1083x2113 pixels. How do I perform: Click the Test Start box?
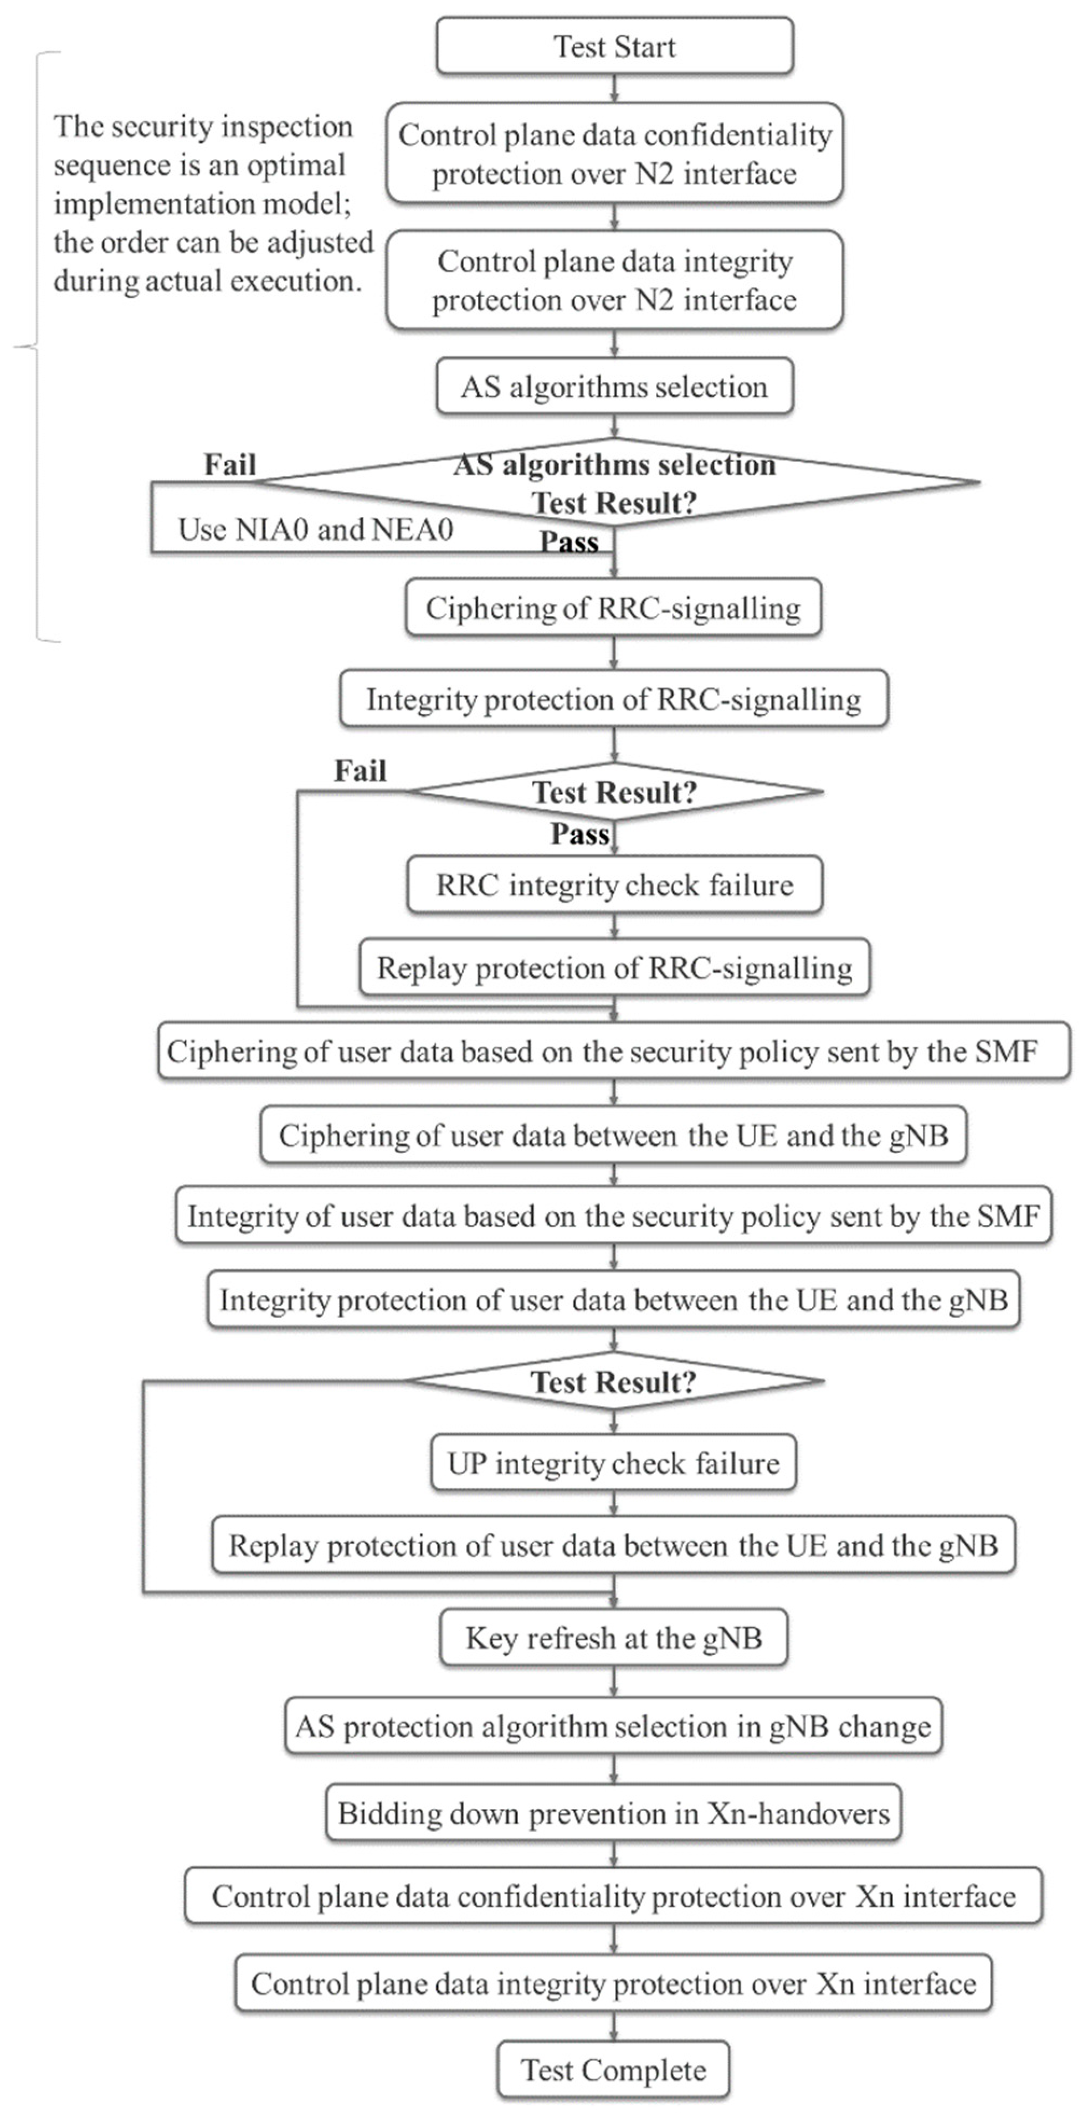[614, 47]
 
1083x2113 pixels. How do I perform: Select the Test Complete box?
[613, 2070]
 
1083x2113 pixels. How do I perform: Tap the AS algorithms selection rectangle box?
[614, 386]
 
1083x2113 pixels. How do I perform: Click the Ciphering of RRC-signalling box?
[613, 608]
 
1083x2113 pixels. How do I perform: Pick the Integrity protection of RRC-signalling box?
[614, 699]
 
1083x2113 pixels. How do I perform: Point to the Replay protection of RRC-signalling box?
[614, 968]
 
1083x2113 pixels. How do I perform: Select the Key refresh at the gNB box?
[614, 1638]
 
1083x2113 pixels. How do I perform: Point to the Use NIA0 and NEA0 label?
[315, 530]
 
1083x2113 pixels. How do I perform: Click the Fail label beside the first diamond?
[230, 464]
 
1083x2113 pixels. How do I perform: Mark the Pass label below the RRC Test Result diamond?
[580, 834]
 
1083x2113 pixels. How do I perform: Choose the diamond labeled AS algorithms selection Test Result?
[614, 483]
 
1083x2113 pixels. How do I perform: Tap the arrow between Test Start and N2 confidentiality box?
[614, 88]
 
